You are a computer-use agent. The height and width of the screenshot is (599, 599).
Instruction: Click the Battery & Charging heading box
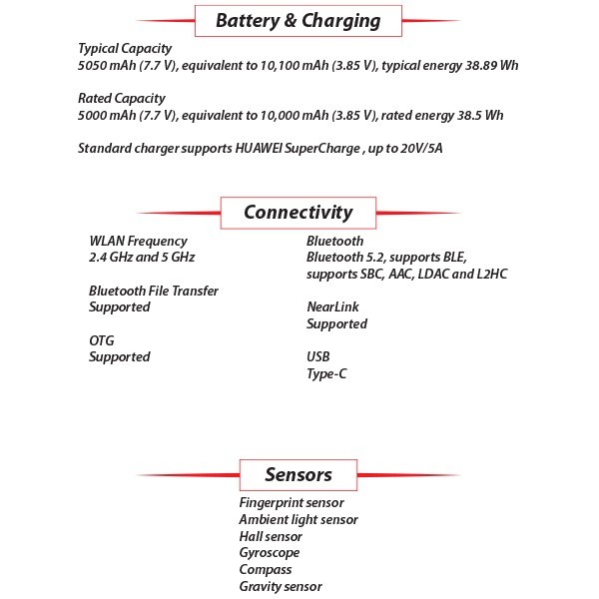tap(299, 20)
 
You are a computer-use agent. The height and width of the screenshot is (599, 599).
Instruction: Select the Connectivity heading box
tap(299, 212)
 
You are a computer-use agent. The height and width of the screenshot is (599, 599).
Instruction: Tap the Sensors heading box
tap(299, 474)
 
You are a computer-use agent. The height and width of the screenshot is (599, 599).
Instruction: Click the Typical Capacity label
tap(125, 48)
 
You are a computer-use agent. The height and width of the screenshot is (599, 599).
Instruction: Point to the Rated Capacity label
tap(121, 98)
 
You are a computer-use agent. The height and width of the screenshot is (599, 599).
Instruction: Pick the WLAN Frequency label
tap(138, 241)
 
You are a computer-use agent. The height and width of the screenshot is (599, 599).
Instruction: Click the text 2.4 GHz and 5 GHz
tap(142, 257)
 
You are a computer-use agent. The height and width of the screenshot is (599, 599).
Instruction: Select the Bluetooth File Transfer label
tap(154, 291)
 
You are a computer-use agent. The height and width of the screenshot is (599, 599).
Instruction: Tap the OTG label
tap(102, 340)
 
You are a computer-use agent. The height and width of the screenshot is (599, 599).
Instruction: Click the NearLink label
tap(332, 306)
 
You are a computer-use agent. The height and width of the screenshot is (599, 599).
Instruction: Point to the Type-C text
tap(328, 373)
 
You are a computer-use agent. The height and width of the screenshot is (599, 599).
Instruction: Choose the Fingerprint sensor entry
tap(292, 503)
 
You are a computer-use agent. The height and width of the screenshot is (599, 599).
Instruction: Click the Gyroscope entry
tap(270, 553)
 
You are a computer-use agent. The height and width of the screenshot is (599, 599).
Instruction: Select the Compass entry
tap(266, 570)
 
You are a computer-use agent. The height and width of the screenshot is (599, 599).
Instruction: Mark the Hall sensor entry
tap(271, 536)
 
